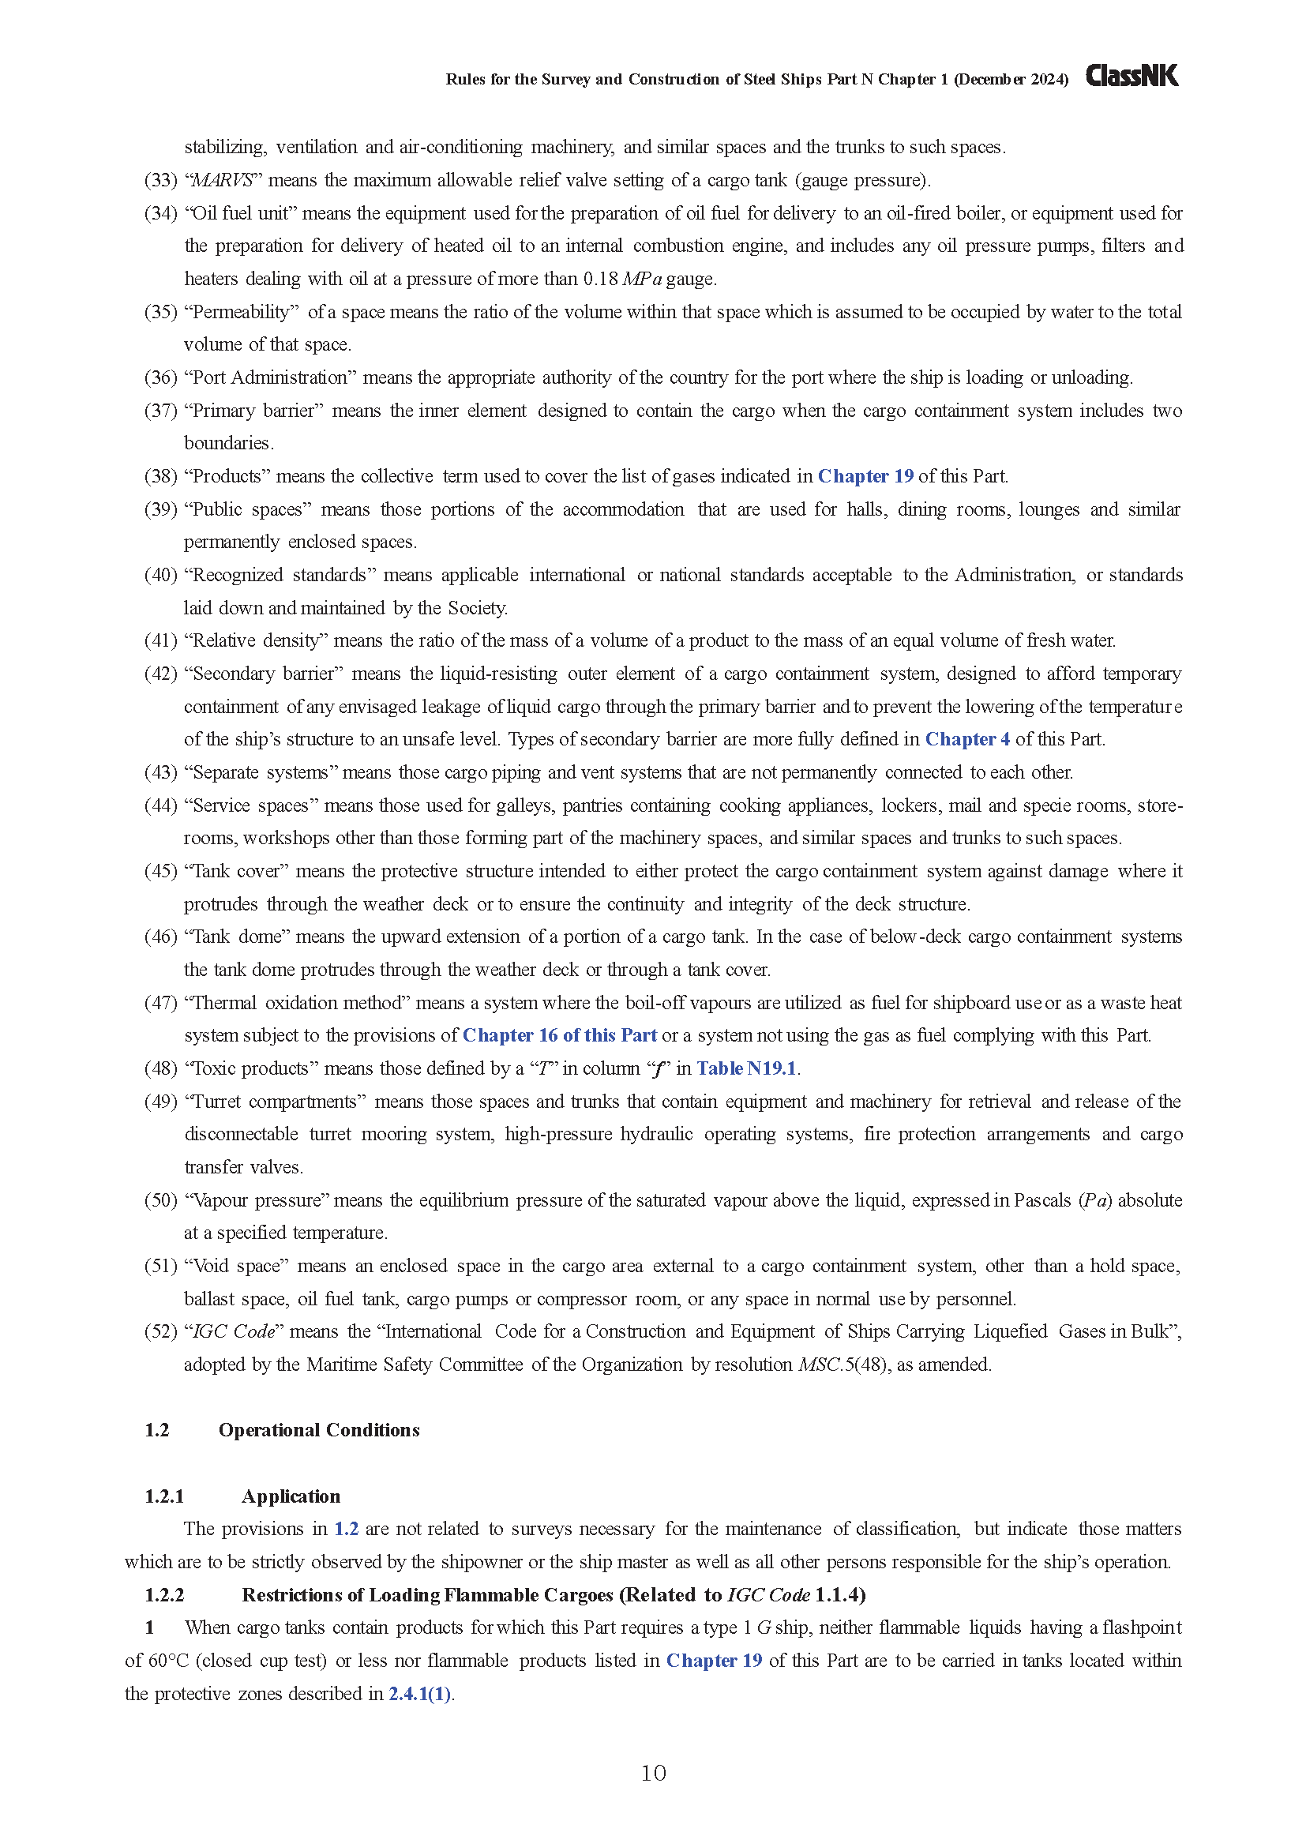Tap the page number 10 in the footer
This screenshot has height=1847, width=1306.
coord(653,1773)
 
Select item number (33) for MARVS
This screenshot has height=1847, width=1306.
coord(161,180)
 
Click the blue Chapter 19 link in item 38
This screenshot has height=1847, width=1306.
coord(865,476)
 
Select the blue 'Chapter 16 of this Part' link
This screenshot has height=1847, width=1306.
coord(560,1035)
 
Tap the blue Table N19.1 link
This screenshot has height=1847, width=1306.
coord(746,1068)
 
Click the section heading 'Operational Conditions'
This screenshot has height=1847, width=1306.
coord(319,1430)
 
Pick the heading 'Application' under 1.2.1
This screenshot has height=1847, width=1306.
coord(291,1496)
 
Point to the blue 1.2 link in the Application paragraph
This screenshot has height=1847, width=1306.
coord(347,1529)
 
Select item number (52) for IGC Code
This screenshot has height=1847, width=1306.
coord(161,1331)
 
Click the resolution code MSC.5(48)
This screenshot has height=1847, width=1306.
coord(843,1365)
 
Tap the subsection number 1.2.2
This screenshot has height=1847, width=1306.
coord(165,1594)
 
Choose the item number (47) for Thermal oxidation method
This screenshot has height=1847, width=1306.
coord(161,1003)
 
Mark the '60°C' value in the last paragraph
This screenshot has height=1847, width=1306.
coord(168,1661)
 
